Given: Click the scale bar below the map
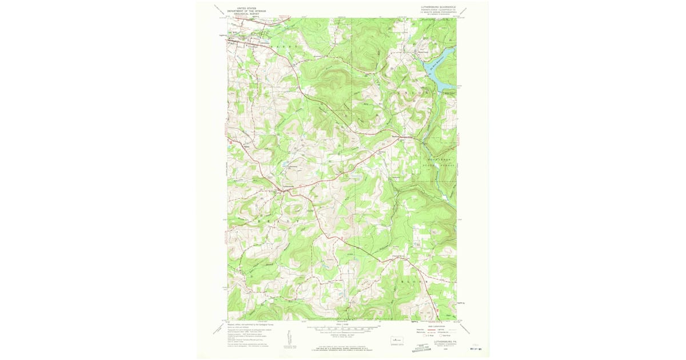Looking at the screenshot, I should pyautogui.click(x=342, y=329).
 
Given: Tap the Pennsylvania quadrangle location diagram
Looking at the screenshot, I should pyautogui.click(x=397, y=340).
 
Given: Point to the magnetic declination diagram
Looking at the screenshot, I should pyautogui.click(x=286, y=338).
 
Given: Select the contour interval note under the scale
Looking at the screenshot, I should pyautogui.click(x=342, y=337).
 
